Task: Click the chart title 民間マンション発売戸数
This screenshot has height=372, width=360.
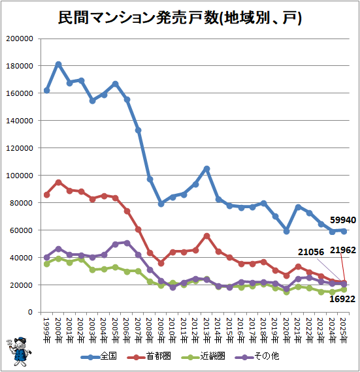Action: click(x=139, y=18)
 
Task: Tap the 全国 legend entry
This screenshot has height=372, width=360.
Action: click(x=99, y=356)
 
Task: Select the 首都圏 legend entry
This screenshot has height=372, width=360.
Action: click(x=149, y=356)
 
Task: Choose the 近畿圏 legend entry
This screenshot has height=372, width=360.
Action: click(x=203, y=356)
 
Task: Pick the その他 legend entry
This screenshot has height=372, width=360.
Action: click(x=257, y=356)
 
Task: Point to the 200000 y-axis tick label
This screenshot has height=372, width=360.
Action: click(x=20, y=39)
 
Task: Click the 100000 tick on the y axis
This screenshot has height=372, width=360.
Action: click(x=20, y=176)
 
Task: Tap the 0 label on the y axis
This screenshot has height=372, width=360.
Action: click(x=30, y=312)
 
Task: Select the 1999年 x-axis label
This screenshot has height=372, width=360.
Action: click(x=47, y=330)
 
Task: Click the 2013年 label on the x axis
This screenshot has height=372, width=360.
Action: click(x=206, y=330)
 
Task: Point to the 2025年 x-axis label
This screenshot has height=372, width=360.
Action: click(x=344, y=330)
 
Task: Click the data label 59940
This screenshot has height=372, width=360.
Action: click(x=343, y=221)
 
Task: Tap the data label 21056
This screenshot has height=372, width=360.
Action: click(x=311, y=252)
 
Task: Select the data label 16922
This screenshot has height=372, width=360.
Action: click(x=342, y=299)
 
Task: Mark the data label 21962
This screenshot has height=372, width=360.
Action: click(x=343, y=250)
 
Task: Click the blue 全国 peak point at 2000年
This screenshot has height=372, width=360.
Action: click(x=58, y=65)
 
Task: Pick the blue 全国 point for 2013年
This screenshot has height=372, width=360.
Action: click(x=206, y=168)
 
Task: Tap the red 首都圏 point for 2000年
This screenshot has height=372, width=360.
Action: click(x=58, y=183)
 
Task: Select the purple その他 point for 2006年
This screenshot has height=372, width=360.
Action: click(x=127, y=243)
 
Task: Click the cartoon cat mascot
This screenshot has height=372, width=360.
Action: click(x=18, y=352)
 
